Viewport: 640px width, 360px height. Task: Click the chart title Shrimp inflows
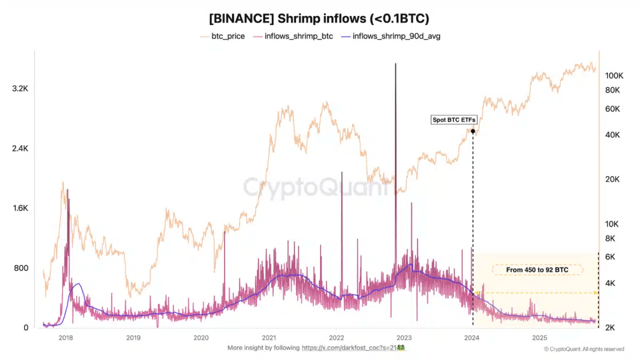click(x=319, y=18)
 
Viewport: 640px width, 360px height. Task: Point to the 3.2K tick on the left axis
click(x=20, y=89)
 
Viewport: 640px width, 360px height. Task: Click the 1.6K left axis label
click(x=20, y=208)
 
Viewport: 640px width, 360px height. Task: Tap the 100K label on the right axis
click(x=614, y=76)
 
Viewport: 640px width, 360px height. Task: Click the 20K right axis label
click(x=612, y=179)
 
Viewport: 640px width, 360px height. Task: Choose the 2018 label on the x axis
click(x=66, y=337)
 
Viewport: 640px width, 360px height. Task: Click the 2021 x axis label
click(x=269, y=337)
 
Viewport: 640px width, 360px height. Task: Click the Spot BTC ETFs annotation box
click(x=454, y=120)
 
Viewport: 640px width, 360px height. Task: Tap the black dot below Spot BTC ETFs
click(x=473, y=131)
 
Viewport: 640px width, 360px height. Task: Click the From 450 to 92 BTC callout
click(x=537, y=270)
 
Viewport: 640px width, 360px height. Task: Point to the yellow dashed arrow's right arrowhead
click(x=595, y=293)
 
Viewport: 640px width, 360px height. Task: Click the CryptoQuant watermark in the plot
click(x=319, y=188)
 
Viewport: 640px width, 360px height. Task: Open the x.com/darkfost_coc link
click(x=352, y=348)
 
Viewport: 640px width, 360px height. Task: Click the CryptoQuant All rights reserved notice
click(x=583, y=349)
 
